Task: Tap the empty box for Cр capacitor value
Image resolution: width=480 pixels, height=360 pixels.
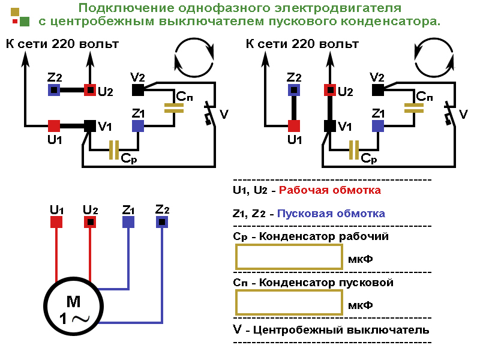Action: click(x=289, y=257)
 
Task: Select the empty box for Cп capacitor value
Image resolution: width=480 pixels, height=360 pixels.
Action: click(x=289, y=302)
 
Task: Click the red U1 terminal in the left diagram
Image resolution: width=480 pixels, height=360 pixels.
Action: click(x=54, y=126)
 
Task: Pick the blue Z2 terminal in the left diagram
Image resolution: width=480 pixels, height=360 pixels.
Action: click(x=54, y=90)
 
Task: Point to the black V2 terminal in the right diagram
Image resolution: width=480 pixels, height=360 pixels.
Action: click(x=378, y=90)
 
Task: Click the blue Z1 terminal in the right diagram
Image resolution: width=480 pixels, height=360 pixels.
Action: click(x=378, y=126)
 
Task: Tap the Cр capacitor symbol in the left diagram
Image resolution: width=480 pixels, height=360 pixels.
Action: click(x=114, y=150)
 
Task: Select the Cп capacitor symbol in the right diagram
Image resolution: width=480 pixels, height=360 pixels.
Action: click(x=414, y=108)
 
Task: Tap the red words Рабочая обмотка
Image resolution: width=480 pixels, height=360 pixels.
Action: click(x=329, y=191)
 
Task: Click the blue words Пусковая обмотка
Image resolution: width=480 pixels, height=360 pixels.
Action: click(x=331, y=214)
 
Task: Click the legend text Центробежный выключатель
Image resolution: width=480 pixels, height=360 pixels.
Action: click(x=342, y=330)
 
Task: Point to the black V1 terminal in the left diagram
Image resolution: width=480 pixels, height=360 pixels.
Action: click(x=90, y=126)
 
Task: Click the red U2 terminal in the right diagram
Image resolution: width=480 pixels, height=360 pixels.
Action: click(x=329, y=90)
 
